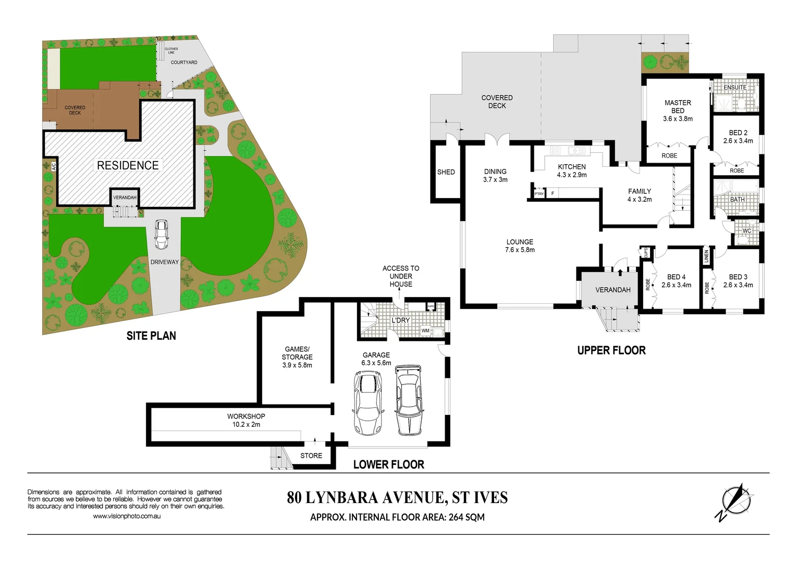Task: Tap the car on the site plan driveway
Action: tap(162, 235)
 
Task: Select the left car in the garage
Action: tap(368, 402)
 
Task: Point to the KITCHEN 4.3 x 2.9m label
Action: tap(572, 171)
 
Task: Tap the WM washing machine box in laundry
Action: tap(426, 331)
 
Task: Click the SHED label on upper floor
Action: tap(446, 172)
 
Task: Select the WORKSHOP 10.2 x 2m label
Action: tap(246, 420)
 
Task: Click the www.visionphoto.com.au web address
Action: tap(127, 516)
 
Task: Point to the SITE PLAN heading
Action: tap(151, 336)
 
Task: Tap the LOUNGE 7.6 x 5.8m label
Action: tap(520, 246)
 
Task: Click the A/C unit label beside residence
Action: tap(53, 167)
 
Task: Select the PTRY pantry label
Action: tap(539, 194)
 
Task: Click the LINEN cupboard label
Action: tap(707, 256)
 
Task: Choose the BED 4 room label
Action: tap(676, 281)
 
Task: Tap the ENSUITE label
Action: tap(735, 87)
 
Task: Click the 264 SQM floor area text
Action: tap(467, 517)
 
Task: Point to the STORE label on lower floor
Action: tap(311, 456)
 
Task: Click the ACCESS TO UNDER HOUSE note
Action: tap(401, 276)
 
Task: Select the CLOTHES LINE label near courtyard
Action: tap(171, 51)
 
